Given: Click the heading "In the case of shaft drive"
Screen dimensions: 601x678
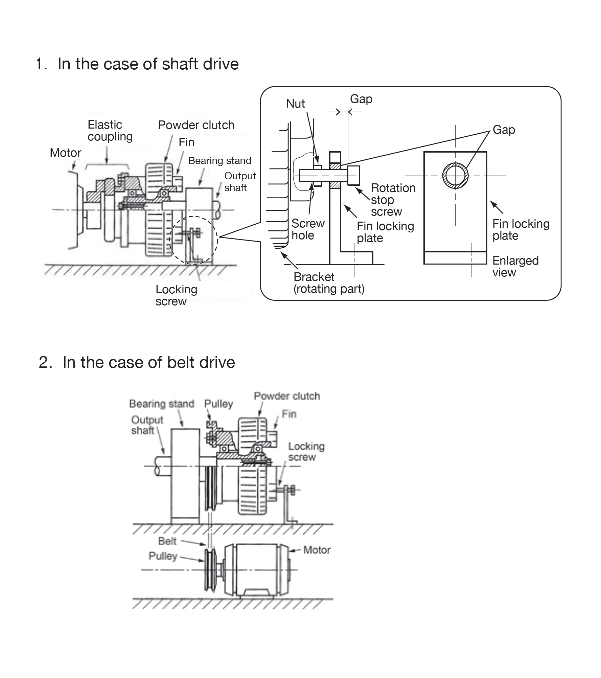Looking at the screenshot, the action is [148, 64].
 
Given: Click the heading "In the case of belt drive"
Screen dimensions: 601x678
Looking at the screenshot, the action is [149, 362].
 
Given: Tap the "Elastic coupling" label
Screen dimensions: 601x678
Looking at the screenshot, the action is [110, 131].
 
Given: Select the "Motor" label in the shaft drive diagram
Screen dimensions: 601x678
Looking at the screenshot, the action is [65, 153].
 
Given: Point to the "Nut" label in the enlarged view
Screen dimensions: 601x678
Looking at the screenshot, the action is [296, 104].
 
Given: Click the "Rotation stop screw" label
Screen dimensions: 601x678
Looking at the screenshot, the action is [393, 200].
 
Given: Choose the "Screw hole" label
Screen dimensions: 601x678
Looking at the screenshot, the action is [308, 229].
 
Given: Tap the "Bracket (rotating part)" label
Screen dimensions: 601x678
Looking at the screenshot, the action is [329, 283].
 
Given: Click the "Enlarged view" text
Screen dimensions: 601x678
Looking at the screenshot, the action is [515, 267].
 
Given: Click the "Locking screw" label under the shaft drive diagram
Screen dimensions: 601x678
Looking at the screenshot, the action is [176, 295].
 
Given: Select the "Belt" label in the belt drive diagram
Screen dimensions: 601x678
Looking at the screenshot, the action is [167, 541].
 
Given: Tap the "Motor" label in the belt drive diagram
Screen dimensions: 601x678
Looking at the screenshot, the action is [317, 550].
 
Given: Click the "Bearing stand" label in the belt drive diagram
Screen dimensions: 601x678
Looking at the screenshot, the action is [162, 404].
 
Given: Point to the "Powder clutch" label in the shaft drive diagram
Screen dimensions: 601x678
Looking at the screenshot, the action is [196, 125].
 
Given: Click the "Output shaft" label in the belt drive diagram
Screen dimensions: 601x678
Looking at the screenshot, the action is [147, 425].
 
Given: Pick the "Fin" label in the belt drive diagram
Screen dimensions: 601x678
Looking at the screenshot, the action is [289, 414].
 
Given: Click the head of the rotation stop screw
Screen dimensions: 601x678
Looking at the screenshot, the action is [354, 175].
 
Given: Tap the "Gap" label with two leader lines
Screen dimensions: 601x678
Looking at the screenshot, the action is [504, 130].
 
